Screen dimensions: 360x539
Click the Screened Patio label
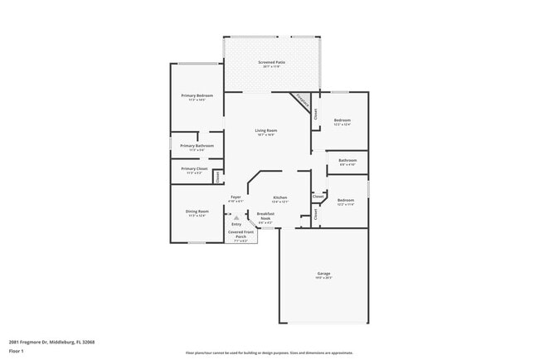pyautogui.click(x=271, y=64)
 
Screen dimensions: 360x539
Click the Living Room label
pyautogui.click(x=265, y=132)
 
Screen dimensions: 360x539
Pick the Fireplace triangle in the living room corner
pyautogui.click(x=302, y=104)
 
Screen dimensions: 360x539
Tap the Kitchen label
pyautogui.click(x=280, y=198)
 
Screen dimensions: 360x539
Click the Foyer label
pyautogui.click(x=236, y=198)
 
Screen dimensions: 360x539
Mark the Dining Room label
pyautogui.click(x=197, y=212)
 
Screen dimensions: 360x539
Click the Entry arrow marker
pyautogui.click(x=236, y=218)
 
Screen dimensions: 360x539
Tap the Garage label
pyautogui.click(x=323, y=275)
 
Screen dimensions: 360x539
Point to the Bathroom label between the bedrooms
pyautogui.click(x=347, y=162)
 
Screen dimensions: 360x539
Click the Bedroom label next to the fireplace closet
pyautogui.click(x=342, y=122)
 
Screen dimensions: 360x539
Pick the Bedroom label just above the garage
pyautogui.click(x=346, y=202)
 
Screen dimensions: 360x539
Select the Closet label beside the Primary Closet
pyautogui.click(x=218, y=175)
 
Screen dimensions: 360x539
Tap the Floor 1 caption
pyautogui.click(x=17, y=351)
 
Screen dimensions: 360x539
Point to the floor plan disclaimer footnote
pyautogui.click(x=269, y=353)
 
